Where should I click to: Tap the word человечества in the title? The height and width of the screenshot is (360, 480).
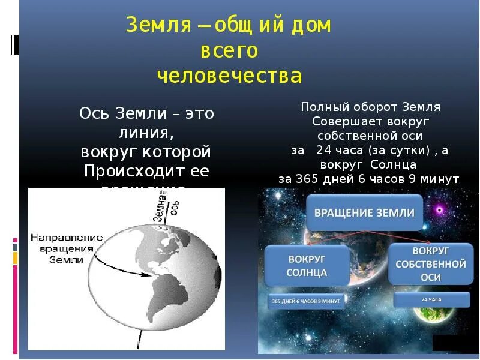coord(229,76)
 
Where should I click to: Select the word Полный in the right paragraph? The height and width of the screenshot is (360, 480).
coord(320,107)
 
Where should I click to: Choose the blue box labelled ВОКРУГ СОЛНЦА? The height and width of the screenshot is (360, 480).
coord(308,266)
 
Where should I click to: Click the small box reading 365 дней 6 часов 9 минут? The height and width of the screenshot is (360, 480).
coord(306,300)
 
